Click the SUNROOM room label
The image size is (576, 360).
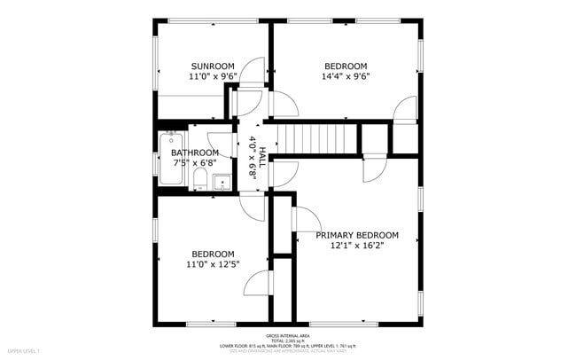213,67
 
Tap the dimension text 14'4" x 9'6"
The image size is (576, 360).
346,76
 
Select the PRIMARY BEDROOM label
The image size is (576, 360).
357,235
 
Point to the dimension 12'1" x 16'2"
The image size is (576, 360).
357,246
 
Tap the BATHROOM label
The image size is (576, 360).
194,153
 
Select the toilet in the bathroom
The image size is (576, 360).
200,181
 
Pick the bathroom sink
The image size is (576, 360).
222,183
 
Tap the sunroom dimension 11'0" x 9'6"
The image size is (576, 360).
213,77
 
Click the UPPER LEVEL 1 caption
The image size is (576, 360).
25,353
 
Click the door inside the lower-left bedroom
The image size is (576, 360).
257,284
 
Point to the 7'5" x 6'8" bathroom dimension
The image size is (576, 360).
194,163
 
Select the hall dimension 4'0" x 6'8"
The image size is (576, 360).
253,160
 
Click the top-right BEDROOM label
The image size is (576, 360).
346,67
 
